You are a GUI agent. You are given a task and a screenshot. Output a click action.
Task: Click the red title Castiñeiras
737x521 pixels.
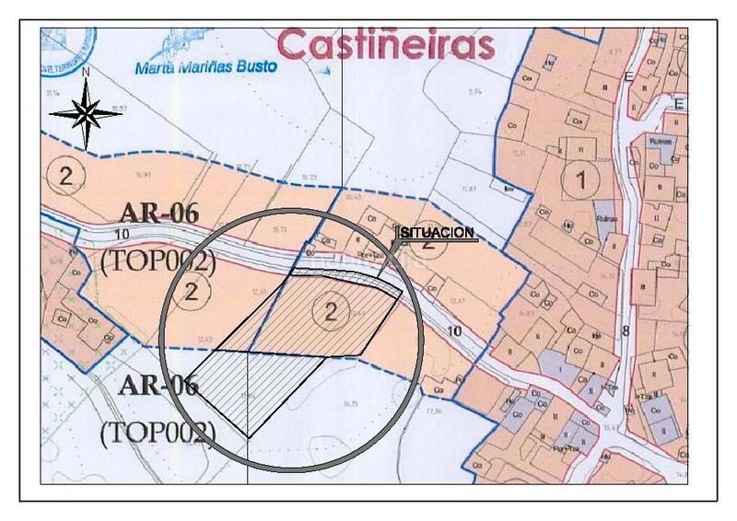point(385,43)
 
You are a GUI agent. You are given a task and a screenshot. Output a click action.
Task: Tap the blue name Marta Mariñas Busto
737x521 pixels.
point(211,67)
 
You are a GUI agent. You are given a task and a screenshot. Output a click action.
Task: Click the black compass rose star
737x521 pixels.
point(85,113)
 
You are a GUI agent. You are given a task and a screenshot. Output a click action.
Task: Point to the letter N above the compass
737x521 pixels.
point(85,71)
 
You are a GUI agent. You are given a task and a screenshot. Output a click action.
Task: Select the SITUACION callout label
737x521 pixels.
point(438,233)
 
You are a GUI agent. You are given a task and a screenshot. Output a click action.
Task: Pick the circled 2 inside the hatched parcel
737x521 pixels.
point(330,312)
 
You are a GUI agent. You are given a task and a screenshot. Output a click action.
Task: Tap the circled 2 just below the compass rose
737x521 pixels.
point(65,176)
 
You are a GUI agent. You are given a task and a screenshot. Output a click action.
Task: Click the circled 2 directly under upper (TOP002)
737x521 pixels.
point(192,292)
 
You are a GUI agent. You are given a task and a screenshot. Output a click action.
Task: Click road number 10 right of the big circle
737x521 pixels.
point(450,329)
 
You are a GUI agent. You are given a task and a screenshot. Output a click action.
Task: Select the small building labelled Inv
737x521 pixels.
point(508,191)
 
